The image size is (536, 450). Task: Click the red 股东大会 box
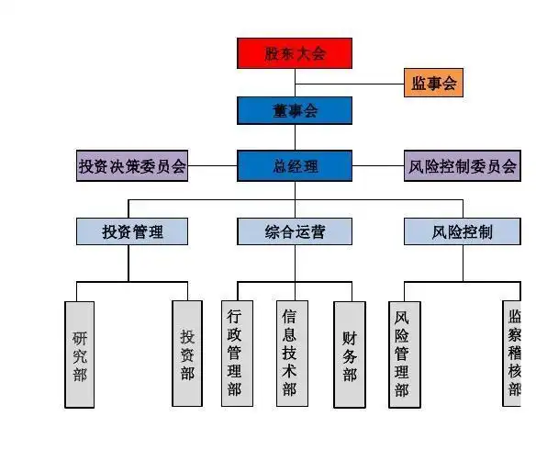(x=295, y=53)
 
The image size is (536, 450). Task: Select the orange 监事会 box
(x=432, y=83)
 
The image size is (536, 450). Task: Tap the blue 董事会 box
(x=295, y=111)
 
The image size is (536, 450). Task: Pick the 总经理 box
(x=295, y=166)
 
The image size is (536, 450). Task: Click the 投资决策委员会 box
(x=132, y=166)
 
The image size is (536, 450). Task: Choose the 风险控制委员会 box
(x=462, y=166)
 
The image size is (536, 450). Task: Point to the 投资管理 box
(x=132, y=231)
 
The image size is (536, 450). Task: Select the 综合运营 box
(x=295, y=231)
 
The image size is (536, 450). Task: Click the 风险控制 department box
(x=462, y=231)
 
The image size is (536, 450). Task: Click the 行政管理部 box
(x=235, y=354)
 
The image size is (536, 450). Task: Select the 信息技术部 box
(x=290, y=354)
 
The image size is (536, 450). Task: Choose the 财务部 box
(x=349, y=354)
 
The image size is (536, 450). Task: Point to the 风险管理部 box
(x=404, y=354)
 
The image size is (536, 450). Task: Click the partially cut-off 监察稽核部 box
(x=514, y=354)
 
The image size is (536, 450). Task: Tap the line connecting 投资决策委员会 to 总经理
(x=213, y=166)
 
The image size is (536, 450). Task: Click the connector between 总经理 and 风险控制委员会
(x=378, y=166)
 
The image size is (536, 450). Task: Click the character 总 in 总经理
(x=279, y=166)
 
